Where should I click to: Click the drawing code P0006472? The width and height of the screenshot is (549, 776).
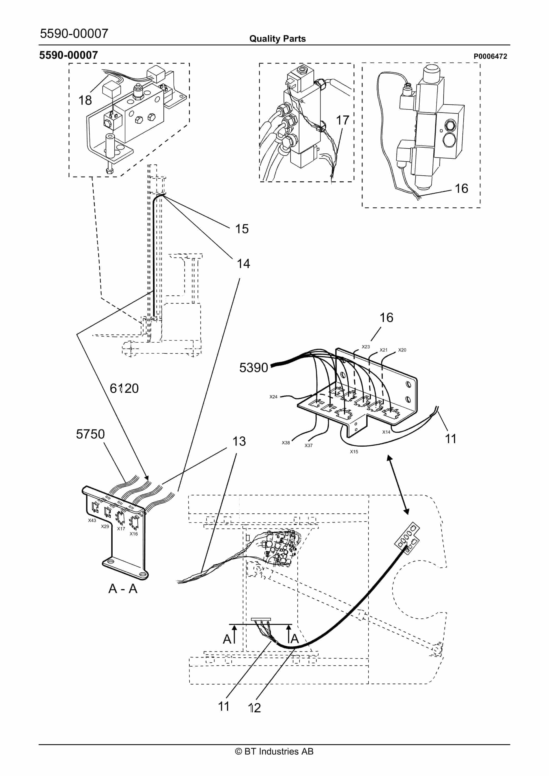pyautogui.click(x=490, y=57)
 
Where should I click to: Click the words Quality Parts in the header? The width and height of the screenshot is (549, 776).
pyautogui.click(x=277, y=39)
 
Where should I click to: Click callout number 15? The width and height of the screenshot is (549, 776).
pyautogui.click(x=242, y=229)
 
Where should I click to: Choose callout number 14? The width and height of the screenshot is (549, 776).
pyautogui.click(x=243, y=264)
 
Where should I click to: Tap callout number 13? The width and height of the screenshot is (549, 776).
pyautogui.click(x=239, y=441)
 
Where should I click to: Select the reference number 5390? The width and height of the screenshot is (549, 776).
pyautogui.click(x=254, y=368)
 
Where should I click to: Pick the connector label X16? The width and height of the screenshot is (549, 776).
pyautogui.click(x=134, y=534)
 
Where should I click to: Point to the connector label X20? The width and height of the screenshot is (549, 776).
pyautogui.click(x=402, y=350)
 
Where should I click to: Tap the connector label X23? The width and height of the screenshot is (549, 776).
pyautogui.click(x=366, y=347)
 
